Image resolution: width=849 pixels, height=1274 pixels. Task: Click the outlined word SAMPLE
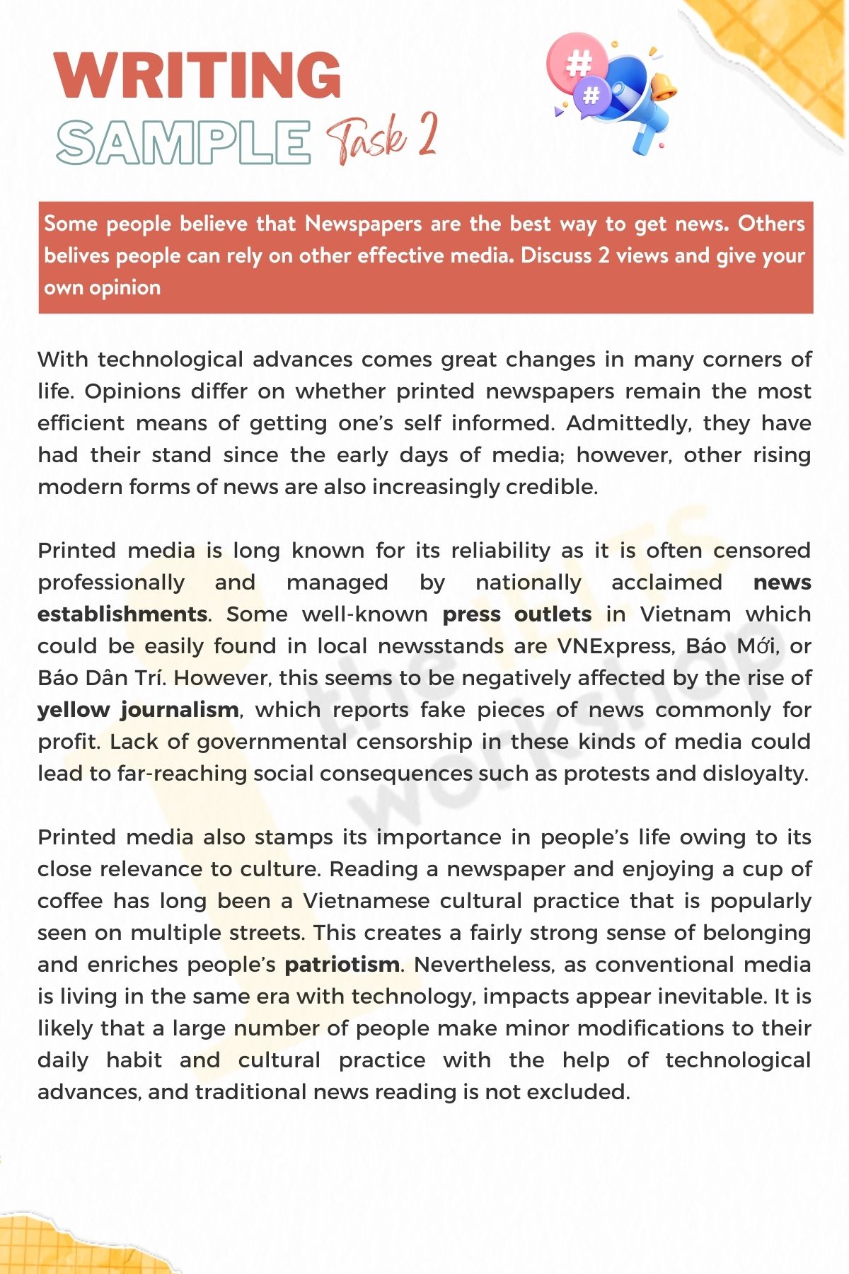[x=184, y=142]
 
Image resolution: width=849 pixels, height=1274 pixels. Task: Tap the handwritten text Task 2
[x=382, y=138]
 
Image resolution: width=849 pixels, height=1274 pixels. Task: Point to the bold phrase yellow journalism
[x=138, y=710]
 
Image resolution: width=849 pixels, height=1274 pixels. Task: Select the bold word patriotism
[x=342, y=965]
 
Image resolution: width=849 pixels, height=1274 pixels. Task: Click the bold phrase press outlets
[x=516, y=614]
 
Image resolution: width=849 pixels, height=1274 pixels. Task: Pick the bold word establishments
[x=122, y=614]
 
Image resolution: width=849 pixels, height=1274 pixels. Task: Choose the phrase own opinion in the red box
[x=102, y=287]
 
